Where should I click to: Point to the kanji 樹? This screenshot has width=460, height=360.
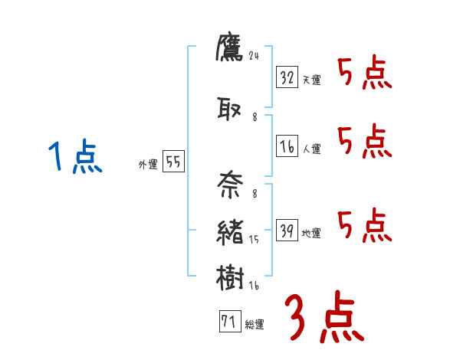[x=230, y=277]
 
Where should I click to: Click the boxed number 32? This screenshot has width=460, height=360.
[x=287, y=77]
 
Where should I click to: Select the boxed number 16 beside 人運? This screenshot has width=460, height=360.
[x=287, y=146]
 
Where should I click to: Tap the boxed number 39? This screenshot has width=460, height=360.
[x=287, y=231]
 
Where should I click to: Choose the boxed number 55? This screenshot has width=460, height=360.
[x=173, y=162]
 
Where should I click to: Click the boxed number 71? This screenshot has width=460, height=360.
[x=228, y=322]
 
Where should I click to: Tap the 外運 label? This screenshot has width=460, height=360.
[x=147, y=165]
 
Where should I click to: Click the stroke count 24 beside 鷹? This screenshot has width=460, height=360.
[x=255, y=54]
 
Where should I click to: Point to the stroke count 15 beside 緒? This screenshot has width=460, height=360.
[x=255, y=240]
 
